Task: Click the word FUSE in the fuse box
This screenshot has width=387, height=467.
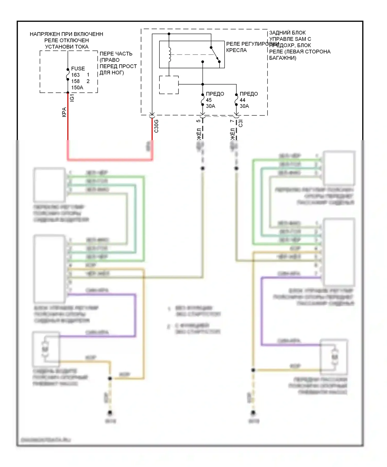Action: (x=78, y=68)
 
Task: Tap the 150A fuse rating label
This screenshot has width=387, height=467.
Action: (x=77, y=88)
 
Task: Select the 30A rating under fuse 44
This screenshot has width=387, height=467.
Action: (x=244, y=106)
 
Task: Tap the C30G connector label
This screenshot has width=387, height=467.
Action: (x=156, y=126)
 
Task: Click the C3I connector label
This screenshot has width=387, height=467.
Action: (x=240, y=123)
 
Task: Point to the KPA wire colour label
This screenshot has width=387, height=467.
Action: (x=64, y=112)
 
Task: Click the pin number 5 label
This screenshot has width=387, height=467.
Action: (x=198, y=121)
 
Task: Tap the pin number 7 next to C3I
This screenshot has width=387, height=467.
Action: (x=232, y=121)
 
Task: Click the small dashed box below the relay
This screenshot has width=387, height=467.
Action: (x=169, y=85)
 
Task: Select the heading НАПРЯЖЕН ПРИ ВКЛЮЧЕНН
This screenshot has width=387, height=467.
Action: (x=66, y=34)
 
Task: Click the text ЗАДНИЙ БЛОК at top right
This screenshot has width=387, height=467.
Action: (x=287, y=33)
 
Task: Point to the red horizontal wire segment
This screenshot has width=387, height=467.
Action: (x=110, y=160)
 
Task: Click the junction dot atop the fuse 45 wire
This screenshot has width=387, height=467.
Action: (x=203, y=84)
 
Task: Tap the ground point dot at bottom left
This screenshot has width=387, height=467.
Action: (x=110, y=412)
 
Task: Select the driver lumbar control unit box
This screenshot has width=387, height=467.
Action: (x=49, y=269)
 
